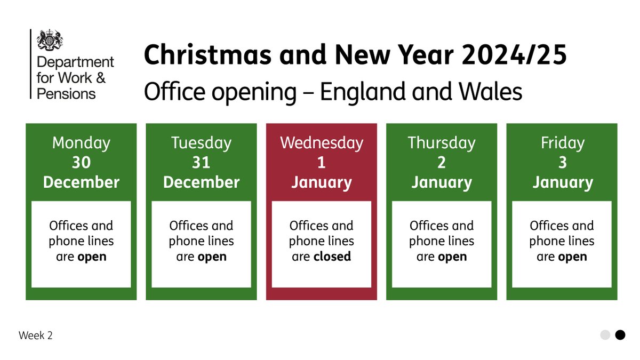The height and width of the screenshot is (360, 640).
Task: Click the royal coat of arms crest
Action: [x=50, y=41]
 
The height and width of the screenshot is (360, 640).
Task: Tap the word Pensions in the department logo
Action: [x=66, y=94]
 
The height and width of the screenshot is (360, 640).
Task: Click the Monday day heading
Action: [x=81, y=143]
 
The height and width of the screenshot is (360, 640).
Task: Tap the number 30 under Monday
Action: [x=81, y=162]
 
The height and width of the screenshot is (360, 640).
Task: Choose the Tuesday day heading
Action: [x=201, y=143]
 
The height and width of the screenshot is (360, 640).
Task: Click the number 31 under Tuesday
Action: [x=201, y=162]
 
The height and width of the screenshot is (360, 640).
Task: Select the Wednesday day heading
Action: [x=322, y=143]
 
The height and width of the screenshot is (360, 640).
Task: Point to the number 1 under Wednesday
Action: [x=322, y=162]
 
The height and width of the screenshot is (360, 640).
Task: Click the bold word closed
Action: [x=332, y=257]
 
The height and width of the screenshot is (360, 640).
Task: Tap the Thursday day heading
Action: [x=442, y=143]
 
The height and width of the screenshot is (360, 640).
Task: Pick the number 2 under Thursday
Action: [x=442, y=162]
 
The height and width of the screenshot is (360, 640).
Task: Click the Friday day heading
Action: [x=562, y=143]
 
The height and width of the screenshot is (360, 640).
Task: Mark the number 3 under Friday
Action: [x=562, y=162]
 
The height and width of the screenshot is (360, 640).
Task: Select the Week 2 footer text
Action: [x=36, y=335]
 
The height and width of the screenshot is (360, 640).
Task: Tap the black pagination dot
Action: [x=620, y=335]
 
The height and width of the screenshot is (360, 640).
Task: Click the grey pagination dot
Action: [x=605, y=335]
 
